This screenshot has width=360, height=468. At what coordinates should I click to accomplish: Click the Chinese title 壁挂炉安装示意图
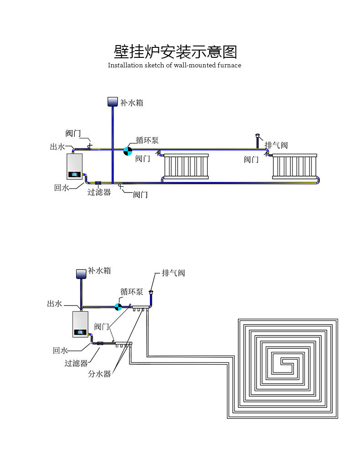tap(175, 51)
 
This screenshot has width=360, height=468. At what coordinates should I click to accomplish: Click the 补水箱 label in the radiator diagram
tap(132, 103)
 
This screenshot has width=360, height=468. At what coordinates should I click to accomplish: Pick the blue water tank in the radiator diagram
tap(112, 102)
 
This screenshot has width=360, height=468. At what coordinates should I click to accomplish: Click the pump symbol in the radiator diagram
tap(128, 150)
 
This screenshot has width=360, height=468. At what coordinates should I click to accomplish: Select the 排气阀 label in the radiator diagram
tap(276, 145)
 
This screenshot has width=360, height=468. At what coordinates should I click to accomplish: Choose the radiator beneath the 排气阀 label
tap(293, 167)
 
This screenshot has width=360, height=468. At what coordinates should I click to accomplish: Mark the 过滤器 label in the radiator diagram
tap(99, 192)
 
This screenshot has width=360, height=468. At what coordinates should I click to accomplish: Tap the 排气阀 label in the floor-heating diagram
tap(174, 273)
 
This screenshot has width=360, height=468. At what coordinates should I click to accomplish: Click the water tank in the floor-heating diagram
tap(81, 273)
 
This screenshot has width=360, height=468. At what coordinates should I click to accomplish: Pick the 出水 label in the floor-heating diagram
tap(55, 304)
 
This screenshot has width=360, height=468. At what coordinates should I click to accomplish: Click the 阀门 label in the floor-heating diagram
tap(102, 326)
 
